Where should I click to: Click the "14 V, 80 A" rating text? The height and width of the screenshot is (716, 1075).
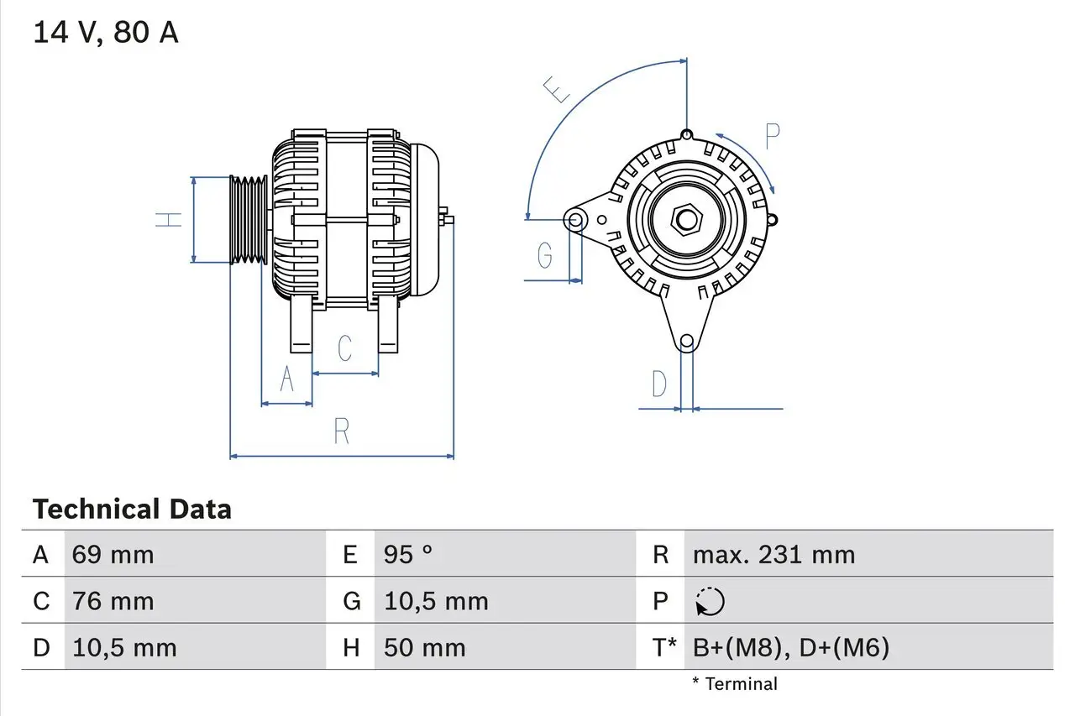coord(105,33)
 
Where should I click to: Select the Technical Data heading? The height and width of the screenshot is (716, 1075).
coord(132,510)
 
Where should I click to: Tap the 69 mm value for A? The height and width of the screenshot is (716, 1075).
coord(113,555)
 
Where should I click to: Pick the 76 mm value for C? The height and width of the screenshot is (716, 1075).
coord(113,602)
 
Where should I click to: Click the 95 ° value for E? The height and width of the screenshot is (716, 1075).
coord(408,555)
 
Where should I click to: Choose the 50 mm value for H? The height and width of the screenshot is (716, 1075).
coord(424,648)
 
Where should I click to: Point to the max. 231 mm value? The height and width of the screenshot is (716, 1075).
coord(773,555)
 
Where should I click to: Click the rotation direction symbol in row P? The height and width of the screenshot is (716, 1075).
coord(710,602)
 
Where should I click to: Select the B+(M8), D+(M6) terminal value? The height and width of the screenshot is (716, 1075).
coord(790,648)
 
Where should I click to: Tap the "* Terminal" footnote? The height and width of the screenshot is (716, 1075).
coord(735,684)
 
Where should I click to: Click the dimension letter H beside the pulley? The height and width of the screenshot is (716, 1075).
coord(170,220)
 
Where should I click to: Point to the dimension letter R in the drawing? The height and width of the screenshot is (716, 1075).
coord(341,431)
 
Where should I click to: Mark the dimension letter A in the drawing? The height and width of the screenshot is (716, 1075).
coord(286,380)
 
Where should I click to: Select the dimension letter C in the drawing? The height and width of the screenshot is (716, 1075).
coord(344,348)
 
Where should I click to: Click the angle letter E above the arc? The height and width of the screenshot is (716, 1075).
coord(557,89)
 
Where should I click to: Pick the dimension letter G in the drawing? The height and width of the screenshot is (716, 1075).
coord(544,254)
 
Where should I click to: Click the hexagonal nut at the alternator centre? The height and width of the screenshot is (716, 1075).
coord(686,220)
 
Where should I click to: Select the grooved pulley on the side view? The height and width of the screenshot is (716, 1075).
coord(249,220)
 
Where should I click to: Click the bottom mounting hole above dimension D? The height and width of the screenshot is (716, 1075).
coord(687,341)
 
